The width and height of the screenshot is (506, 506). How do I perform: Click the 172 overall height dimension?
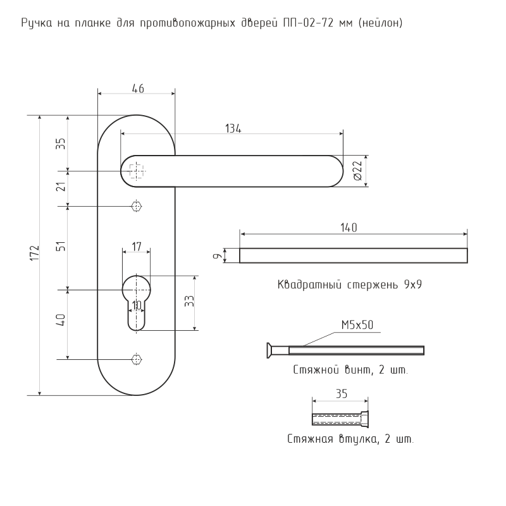pyautogui.click(x=35, y=254)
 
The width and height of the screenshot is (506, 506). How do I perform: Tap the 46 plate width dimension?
pyautogui.click(x=138, y=89)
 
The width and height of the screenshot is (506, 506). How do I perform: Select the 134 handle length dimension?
pyautogui.click(x=233, y=128)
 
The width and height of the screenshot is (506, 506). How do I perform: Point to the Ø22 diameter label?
pyautogui.click(x=358, y=171)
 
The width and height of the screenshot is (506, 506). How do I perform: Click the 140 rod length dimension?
pyautogui.click(x=349, y=228)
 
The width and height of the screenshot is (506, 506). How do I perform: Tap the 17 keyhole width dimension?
pyautogui.click(x=137, y=247)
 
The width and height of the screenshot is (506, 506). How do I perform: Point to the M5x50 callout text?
pyautogui.click(x=357, y=324)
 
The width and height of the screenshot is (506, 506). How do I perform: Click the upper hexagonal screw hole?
pyautogui.click(x=137, y=206)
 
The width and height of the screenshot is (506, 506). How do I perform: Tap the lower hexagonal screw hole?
pyautogui.click(x=137, y=359)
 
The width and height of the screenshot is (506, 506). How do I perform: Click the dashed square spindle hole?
pyautogui.click(x=137, y=171)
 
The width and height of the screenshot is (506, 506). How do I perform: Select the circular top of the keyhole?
pyautogui.click(x=137, y=288)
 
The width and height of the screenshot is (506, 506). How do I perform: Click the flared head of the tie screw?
pyautogui.click(x=269, y=350)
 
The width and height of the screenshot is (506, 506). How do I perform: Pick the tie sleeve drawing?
pyautogui.click(x=340, y=419)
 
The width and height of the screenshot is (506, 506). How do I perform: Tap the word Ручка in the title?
pyautogui.click(x=37, y=23)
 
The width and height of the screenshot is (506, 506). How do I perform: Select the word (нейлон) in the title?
pyautogui.click(x=380, y=23)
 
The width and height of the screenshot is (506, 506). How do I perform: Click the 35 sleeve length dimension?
pyautogui.click(x=342, y=393)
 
